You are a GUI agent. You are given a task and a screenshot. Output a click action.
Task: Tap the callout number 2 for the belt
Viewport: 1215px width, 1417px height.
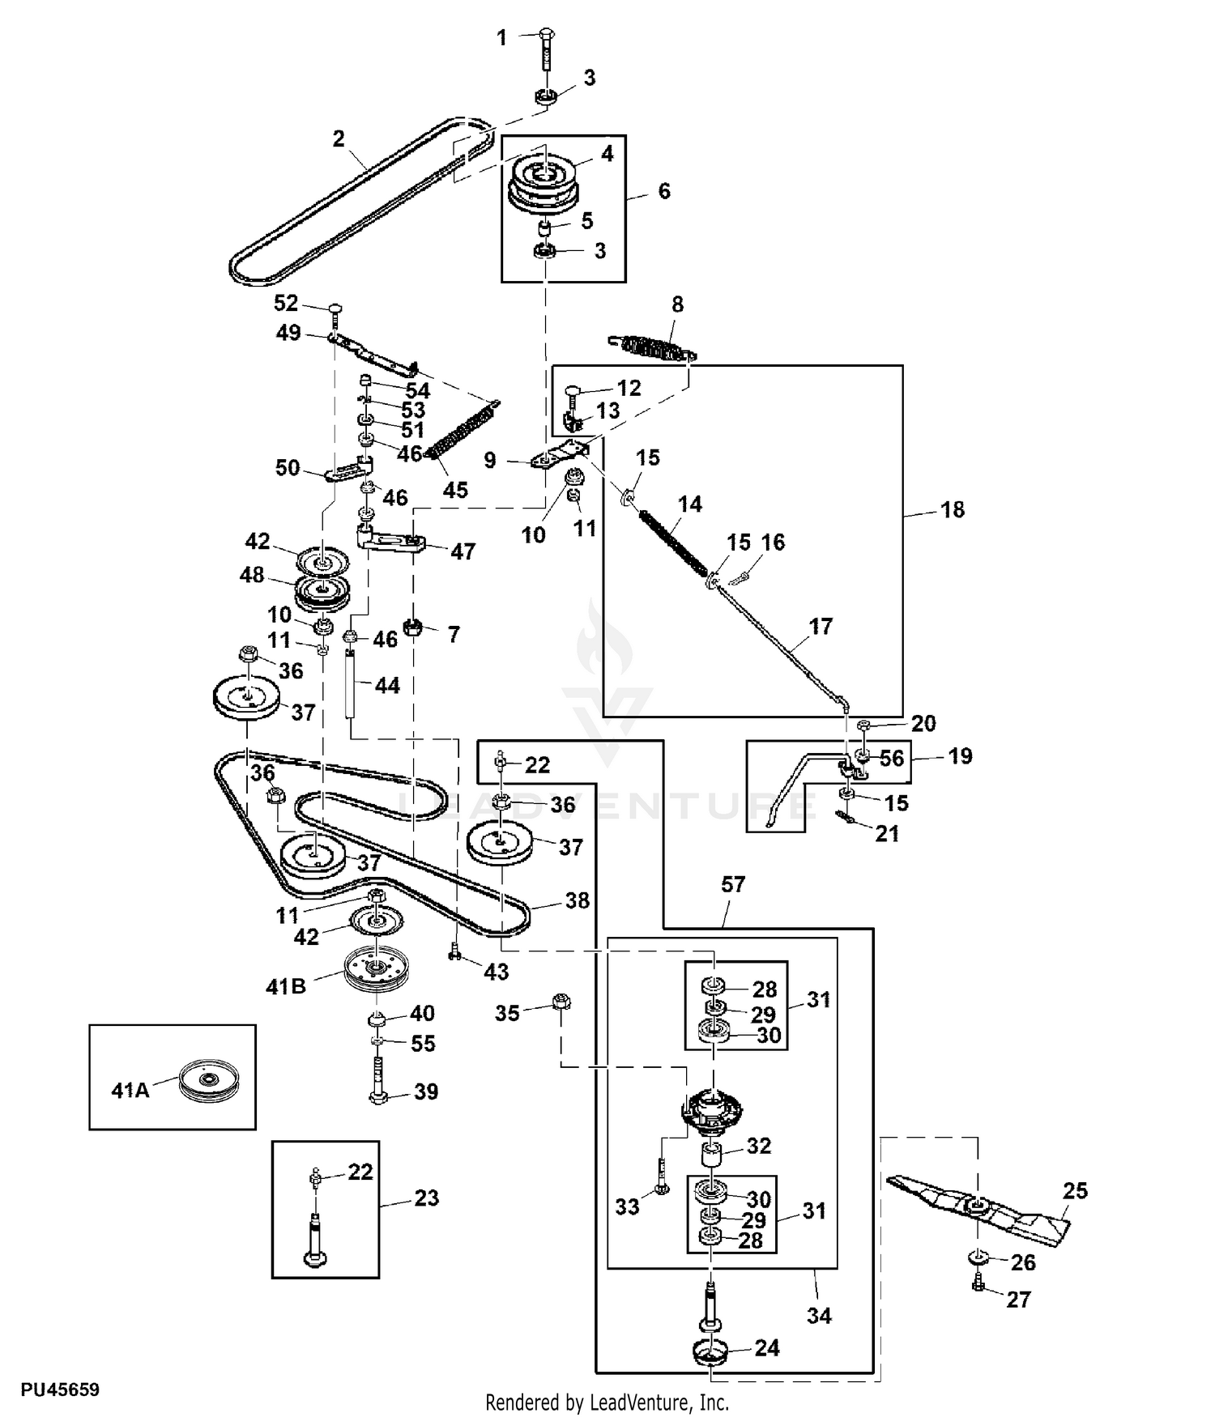click(339, 138)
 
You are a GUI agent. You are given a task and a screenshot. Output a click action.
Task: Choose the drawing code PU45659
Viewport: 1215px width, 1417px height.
click(60, 1390)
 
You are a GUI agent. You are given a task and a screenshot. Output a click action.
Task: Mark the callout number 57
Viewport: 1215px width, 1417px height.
click(732, 884)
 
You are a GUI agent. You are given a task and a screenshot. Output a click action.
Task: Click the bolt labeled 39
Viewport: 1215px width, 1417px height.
click(377, 1081)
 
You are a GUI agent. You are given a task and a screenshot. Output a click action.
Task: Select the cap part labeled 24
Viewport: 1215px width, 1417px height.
click(710, 1350)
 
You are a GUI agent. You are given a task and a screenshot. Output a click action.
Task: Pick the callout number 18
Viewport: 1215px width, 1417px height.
click(953, 509)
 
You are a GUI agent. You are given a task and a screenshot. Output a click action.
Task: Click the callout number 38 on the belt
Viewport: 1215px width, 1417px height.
click(577, 900)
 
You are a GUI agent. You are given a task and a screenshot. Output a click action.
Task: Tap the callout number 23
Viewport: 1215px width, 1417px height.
click(426, 1198)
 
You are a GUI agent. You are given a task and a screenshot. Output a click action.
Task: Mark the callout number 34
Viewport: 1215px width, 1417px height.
click(819, 1316)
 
